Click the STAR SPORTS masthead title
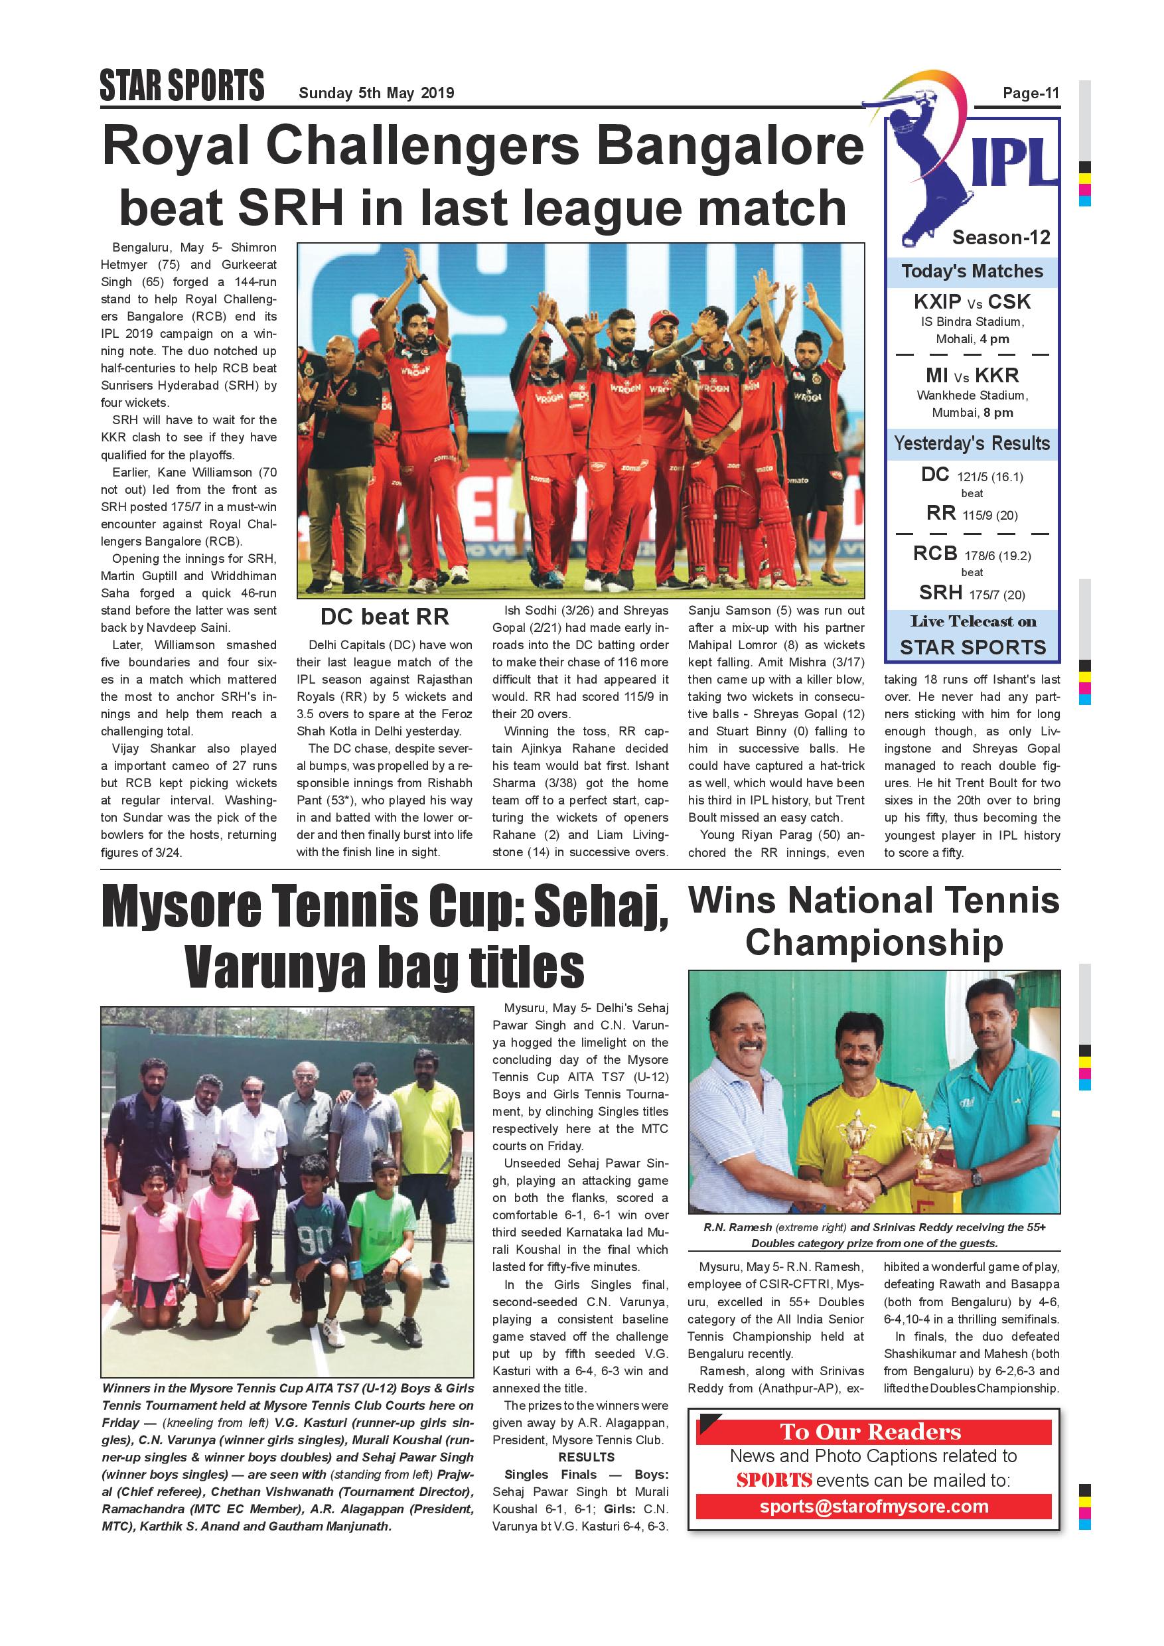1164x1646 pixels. coord(182,87)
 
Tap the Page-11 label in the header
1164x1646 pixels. coord(1031,93)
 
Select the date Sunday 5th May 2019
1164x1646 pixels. coord(376,93)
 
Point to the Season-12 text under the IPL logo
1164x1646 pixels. coord(1001,238)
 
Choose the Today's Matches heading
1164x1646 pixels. coord(972,271)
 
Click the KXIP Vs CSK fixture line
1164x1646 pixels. coord(972,302)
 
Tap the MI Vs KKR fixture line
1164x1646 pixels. coord(972,376)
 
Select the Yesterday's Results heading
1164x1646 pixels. coord(972,444)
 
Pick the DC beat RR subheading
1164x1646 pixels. coord(384,617)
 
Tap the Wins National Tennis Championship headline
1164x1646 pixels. coord(874,921)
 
